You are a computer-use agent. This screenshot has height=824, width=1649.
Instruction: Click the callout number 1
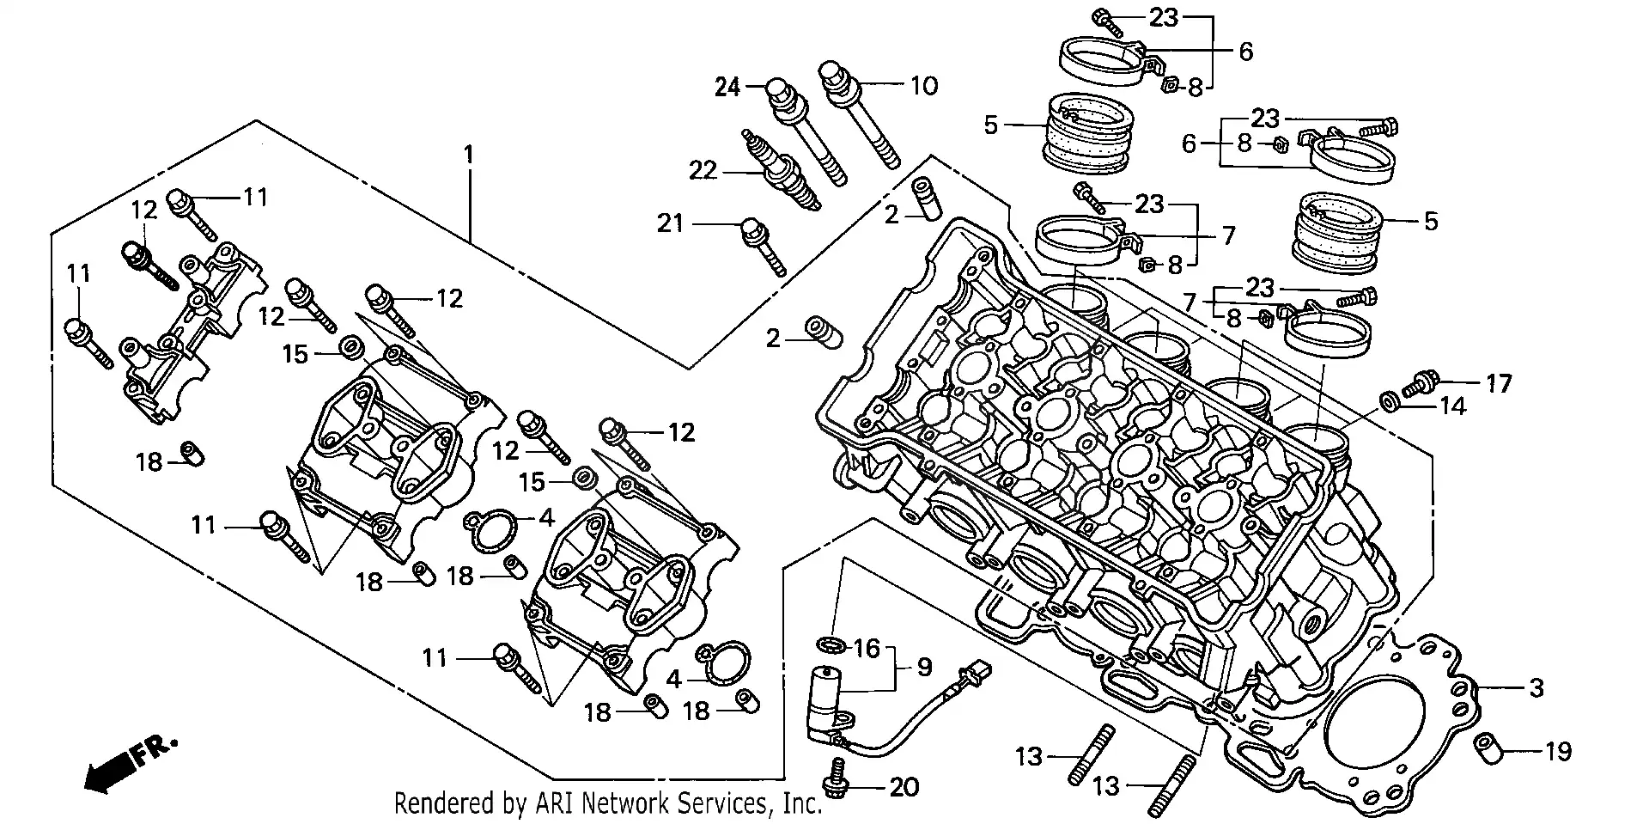pos(468,155)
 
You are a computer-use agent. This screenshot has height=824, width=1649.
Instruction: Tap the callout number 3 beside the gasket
pos(1536,687)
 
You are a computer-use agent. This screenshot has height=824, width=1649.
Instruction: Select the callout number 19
pos(1558,752)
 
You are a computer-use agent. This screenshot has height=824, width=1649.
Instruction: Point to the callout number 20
pos(904,787)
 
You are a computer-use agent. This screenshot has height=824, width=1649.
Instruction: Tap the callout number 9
pos(923,667)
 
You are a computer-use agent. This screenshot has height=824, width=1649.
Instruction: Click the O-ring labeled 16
pos(830,644)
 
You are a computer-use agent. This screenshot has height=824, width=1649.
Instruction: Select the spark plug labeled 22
pos(782,176)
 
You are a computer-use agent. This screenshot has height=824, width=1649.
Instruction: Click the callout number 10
pos(924,86)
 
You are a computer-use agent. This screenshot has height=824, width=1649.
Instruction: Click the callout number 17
pos(1499,383)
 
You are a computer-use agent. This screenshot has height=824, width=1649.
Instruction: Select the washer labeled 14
pos(1388,401)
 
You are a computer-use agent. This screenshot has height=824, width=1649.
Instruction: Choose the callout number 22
pos(703,171)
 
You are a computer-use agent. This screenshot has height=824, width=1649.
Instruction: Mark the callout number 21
pos(670,223)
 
